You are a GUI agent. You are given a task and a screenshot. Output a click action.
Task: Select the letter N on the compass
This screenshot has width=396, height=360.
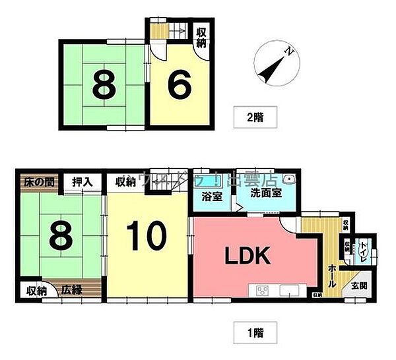pos(286,50)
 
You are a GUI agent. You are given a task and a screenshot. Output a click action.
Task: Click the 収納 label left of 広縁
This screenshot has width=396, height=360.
pos(36,291)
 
